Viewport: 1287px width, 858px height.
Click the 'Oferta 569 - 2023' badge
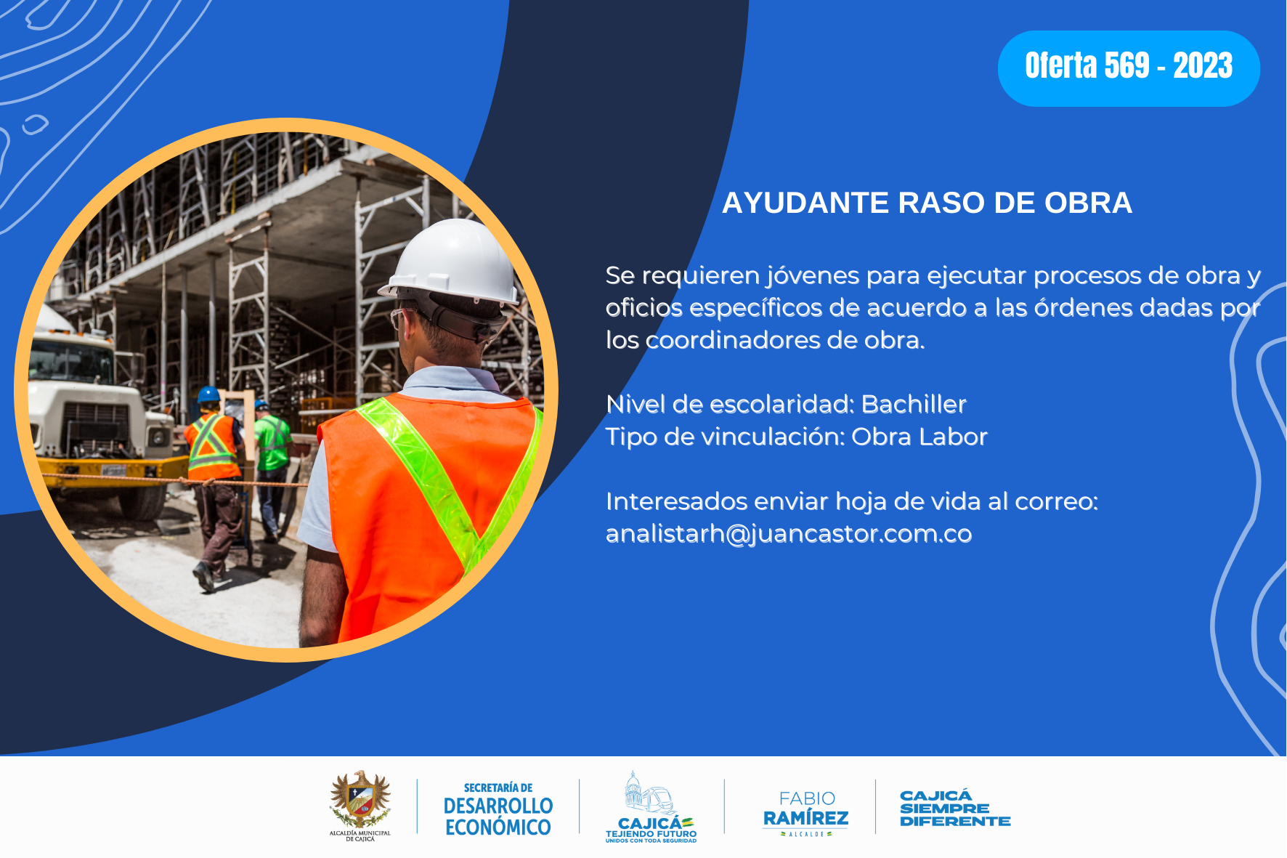(1129, 68)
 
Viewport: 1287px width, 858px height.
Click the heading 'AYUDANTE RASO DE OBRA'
(927, 203)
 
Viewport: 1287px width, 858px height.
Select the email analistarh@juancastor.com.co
(789, 534)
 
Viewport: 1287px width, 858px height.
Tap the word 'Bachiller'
(914, 404)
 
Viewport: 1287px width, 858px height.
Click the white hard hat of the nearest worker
(452, 263)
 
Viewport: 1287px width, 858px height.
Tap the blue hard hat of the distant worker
(208, 394)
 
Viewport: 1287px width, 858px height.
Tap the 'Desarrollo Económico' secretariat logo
(498, 809)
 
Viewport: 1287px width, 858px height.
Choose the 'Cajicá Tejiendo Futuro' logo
(651, 807)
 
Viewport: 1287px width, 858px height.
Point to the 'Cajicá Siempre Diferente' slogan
(955, 809)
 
